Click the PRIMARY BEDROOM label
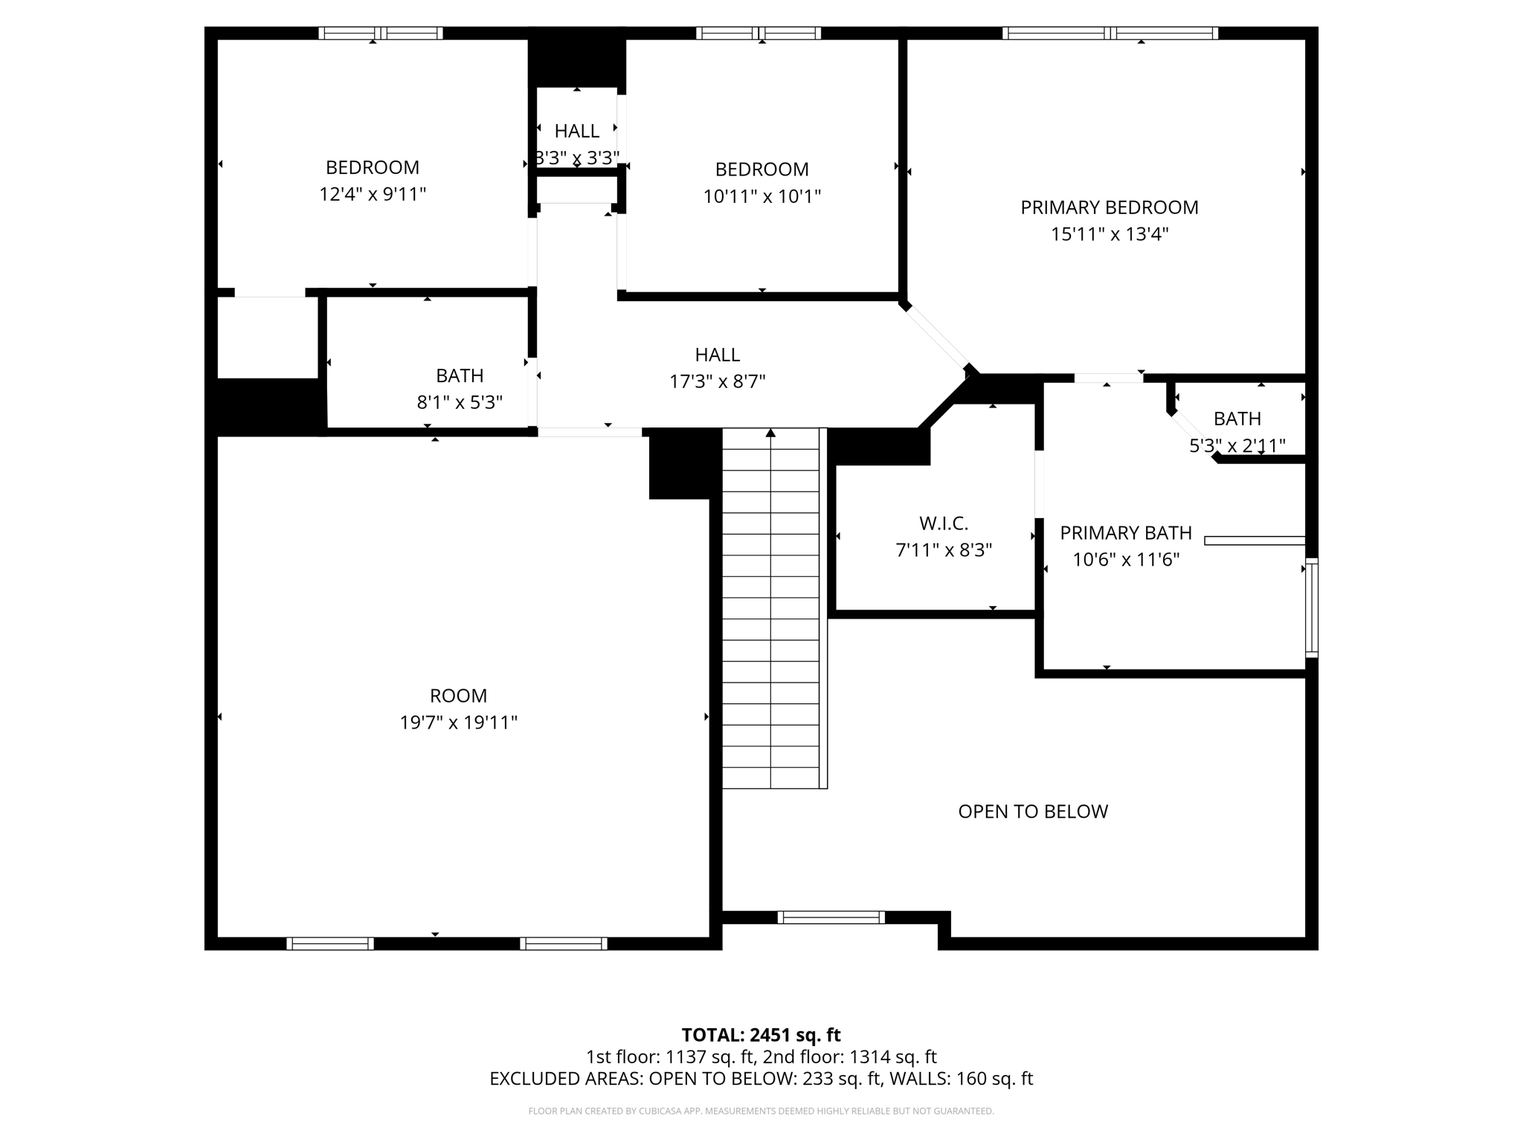coord(1109,207)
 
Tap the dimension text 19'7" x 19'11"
coord(458,723)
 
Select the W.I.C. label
coord(944,523)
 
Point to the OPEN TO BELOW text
coord(1033,811)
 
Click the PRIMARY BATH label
coord(1125,533)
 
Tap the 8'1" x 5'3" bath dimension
coord(460,402)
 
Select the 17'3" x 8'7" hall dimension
coord(717,381)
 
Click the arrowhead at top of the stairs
coord(770,433)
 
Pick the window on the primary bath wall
coord(1312,607)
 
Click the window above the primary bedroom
coord(1110,33)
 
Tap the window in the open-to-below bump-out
coord(831,917)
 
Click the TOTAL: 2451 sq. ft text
coord(761,1035)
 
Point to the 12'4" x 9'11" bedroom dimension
coord(373,194)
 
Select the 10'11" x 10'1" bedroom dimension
coord(761,196)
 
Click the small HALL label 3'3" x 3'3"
coord(577,132)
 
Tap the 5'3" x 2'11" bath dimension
coord(1237,445)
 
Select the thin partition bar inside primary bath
coord(1255,541)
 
